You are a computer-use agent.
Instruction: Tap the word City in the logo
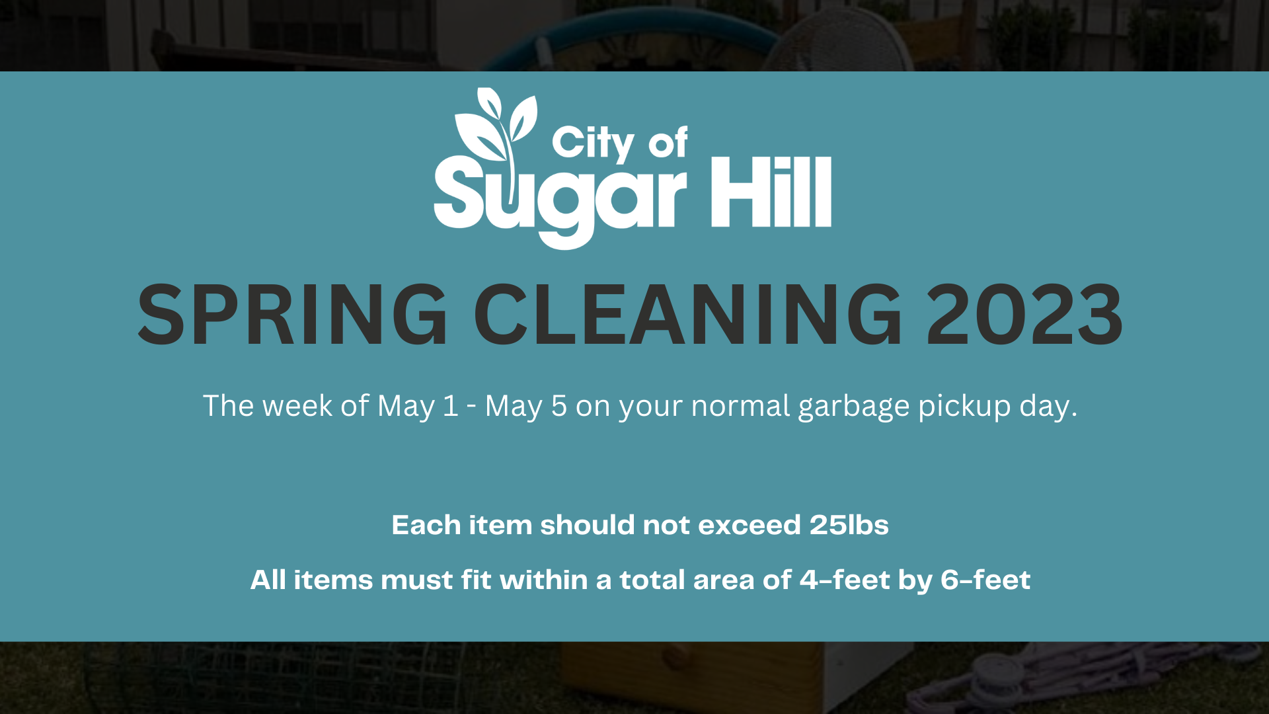[x=593, y=143]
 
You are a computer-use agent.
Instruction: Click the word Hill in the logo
[x=771, y=192]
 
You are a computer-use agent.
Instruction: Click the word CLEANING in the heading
[x=688, y=315]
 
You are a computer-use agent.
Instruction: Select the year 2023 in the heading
[x=1024, y=315]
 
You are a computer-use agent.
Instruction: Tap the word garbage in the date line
[x=854, y=407]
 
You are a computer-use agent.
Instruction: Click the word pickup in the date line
[x=964, y=407]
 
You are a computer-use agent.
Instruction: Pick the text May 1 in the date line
[x=418, y=406]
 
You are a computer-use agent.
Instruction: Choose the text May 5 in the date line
[x=526, y=406]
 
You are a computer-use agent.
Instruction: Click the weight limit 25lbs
[x=849, y=525]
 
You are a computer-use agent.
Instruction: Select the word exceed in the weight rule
[x=750, y=525]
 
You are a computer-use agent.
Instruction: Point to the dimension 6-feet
[x=985, y=580]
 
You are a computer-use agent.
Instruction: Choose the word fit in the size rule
[x=476, y=580]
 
